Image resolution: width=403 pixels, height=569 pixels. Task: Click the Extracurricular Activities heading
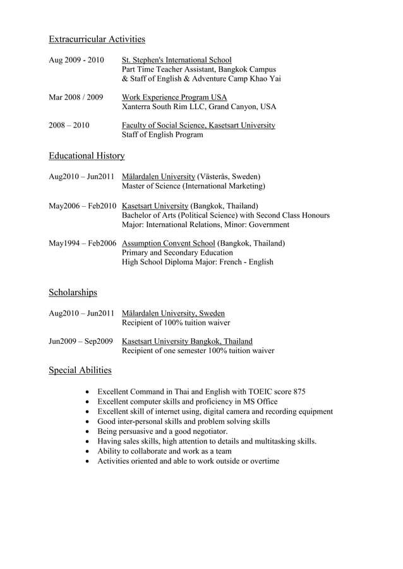[x=97, y=39]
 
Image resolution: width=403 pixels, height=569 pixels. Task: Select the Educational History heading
[x=87, y=155]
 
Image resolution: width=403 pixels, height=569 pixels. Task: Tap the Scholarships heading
[x=73, y=292]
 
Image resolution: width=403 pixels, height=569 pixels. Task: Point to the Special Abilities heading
[x=80, y=370]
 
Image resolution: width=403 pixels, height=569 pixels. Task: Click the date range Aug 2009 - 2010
[x=76, y=60]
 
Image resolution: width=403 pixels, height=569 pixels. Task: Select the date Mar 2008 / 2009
[x=75, y=97]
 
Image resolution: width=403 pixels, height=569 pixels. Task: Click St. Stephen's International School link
[x=176, y=60]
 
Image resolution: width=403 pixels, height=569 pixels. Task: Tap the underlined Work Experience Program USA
[x=174, y=97]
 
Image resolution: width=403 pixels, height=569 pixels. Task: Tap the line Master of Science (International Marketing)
[x=193, y=186]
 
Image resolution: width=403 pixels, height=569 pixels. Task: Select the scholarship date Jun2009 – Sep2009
[x=80, y=341]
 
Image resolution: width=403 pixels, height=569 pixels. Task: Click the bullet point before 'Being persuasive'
[x=87, y=431]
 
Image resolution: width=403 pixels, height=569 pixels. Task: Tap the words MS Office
[x=259, y=401]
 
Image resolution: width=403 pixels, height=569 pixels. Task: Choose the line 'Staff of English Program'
[x=162, y=134]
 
